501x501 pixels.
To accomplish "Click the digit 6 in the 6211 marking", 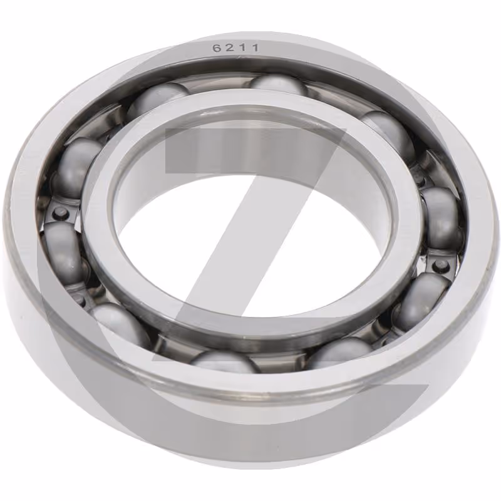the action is pos(218,48).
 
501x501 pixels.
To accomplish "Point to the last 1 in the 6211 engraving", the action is pos(255,48).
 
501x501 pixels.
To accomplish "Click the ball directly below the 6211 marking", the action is pos(277,84).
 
